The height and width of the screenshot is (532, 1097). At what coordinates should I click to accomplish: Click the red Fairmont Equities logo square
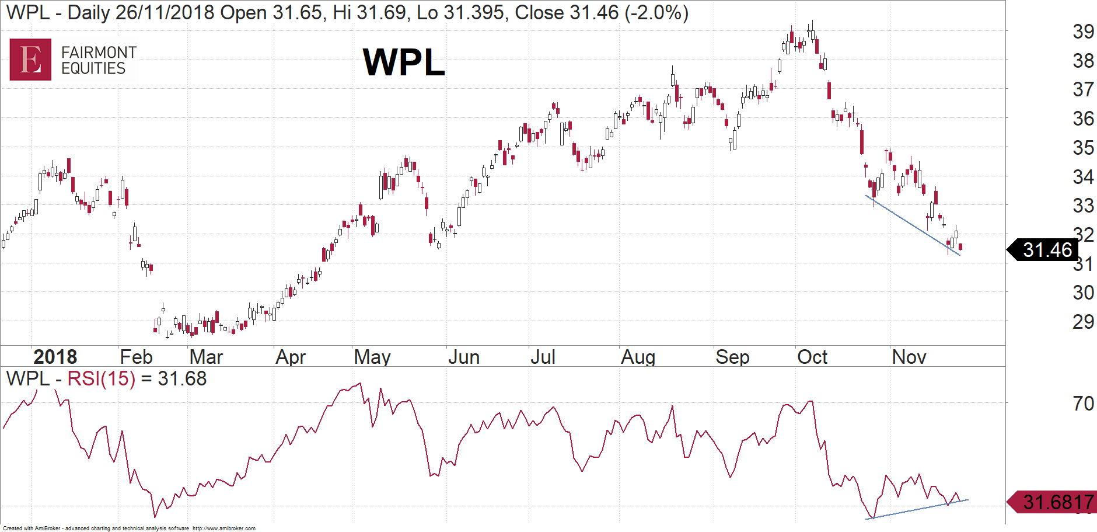pyautogui.click(x=30, y=60)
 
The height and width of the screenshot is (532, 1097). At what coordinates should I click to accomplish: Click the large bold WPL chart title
pyautogui.click(x=404, y=62)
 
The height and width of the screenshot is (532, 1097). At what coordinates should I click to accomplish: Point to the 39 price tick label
pyautogui.click(x=1083, y=32)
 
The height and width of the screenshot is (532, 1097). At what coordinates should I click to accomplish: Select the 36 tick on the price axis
pyautogui.click(x=1083, y=119)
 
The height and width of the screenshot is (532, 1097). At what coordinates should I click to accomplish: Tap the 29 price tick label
pyautogui.click(x=1083, y=322)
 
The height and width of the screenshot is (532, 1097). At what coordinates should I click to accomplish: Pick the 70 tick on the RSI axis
pyautogui.click(x=1083, y=403)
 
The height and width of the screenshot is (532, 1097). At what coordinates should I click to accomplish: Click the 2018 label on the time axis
pyautogui.click(x=55, y=357)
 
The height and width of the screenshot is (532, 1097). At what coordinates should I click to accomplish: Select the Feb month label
pyautogui.click(x=136, y=357)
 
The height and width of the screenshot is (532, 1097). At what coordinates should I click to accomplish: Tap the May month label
pyautogui.click(x=372, y=357)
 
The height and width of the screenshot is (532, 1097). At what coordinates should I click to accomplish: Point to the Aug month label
pyautogui.click(x=638, y=357)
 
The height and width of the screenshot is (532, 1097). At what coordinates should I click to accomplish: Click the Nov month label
pyautogui.click(x=909, y=357)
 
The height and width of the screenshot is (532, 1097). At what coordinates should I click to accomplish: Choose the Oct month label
pyautogui.click(x=812, y=357)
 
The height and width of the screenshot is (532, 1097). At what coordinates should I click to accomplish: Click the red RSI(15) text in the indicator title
pyautogui.click(x=101, y=379)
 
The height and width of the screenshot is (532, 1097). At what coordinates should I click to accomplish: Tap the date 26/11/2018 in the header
pyautogui.click(x=165, y=12)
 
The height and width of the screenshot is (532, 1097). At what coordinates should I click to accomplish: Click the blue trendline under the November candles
pyautogui.click(x=913, y=225)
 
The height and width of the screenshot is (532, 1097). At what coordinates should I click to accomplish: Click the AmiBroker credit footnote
pyautogui.click(x=129, y=528)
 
